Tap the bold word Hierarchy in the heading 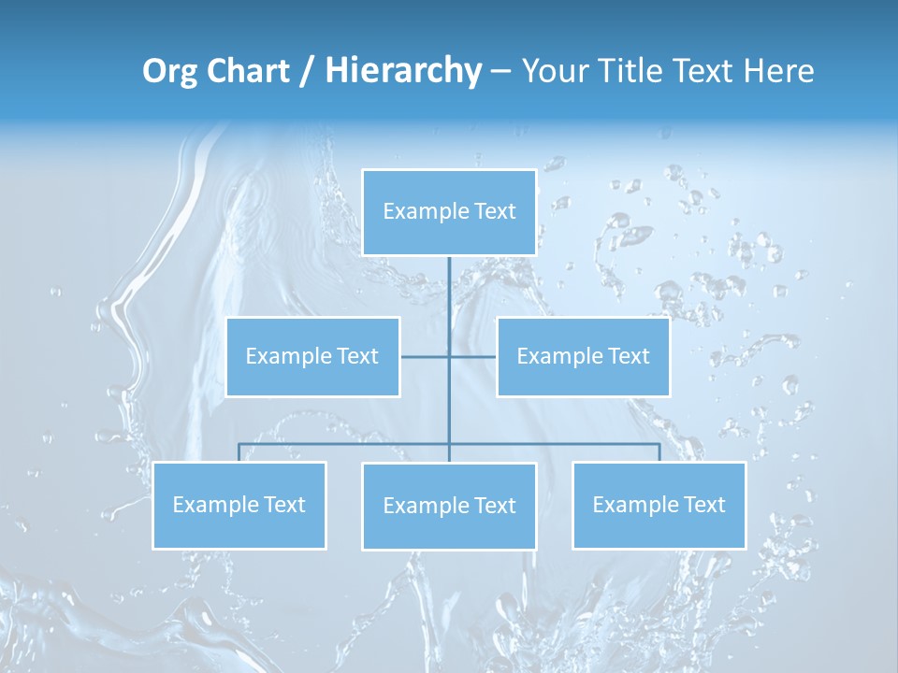point(403,71)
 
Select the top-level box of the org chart point(449,212)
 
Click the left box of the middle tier point(312,356)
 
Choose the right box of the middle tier point(583,356)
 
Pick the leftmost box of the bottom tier point(239,505)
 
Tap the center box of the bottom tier point(449,506)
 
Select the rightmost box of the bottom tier point(659,505)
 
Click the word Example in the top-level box point(425,212)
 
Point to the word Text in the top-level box point(495,211)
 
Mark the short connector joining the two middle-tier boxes point(426,356)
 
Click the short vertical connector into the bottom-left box point(239,452)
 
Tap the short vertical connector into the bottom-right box point(659,452)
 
